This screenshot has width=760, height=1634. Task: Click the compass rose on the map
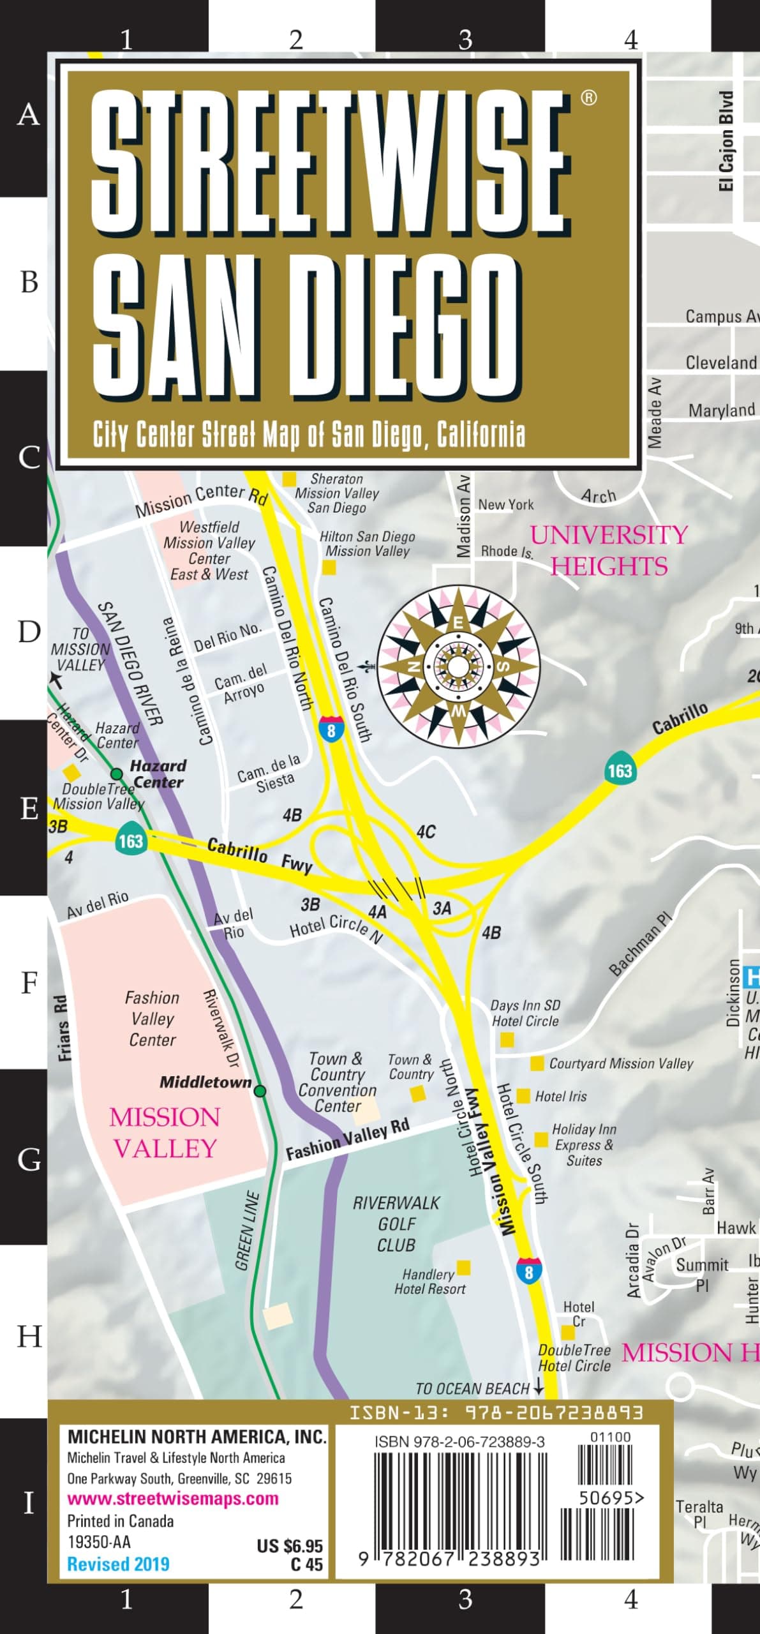coord(458,666)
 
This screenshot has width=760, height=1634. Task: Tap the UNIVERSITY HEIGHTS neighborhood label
coord(609,550)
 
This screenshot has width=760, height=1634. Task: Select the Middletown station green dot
coord(260,1091)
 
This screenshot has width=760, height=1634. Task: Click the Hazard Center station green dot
coord(117,774)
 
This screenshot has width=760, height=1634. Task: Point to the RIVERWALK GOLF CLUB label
coord(396,1224)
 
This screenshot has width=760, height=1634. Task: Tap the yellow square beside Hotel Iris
coord(523,1096)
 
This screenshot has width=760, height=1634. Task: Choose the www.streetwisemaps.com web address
coord(173,1498)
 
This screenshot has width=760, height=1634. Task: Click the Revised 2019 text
coord(119,1564)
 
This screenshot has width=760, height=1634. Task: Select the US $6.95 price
coord(290,1545)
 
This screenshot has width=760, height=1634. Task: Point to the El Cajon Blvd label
coord(726,141)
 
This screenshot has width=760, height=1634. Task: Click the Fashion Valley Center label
coord(152,1019)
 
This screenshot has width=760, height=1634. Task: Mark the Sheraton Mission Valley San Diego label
coord(336,493)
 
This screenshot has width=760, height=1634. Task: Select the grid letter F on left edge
coord(29,984)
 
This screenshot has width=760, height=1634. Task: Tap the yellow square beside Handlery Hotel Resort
coord(464,1267)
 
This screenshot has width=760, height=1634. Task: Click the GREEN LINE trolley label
coord(247,1231)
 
